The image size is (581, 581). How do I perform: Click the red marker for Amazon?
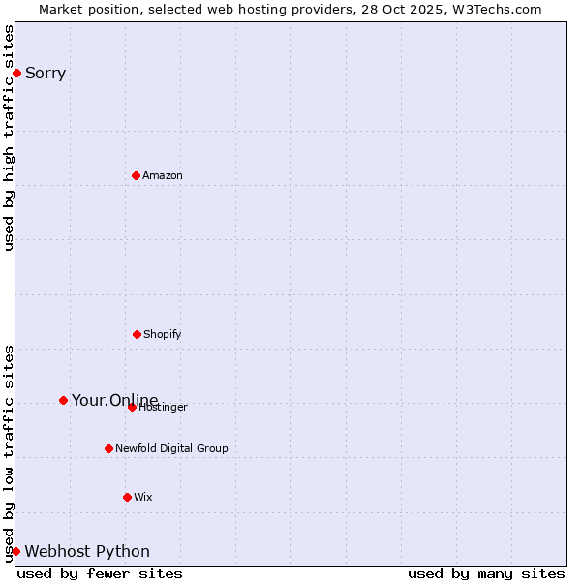136,175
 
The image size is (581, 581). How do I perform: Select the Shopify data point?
137,334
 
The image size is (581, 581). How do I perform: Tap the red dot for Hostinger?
132,407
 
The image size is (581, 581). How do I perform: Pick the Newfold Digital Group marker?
108,448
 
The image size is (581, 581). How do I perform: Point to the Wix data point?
127,497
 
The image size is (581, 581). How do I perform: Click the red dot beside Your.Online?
63,400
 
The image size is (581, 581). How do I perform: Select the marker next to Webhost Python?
15,551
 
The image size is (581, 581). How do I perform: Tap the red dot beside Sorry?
16,73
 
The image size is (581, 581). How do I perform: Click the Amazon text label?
163,175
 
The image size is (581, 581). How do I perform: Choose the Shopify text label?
163,334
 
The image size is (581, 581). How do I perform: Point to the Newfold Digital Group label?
171,448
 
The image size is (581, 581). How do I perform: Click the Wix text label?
143,497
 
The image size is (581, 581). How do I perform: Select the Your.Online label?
114,400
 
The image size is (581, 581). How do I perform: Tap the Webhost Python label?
87,551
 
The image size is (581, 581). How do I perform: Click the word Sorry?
46,73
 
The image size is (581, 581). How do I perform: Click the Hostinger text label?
165,408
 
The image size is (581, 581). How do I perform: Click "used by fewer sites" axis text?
100,573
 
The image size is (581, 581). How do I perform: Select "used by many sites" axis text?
486,573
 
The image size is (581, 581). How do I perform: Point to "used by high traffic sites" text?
9,138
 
